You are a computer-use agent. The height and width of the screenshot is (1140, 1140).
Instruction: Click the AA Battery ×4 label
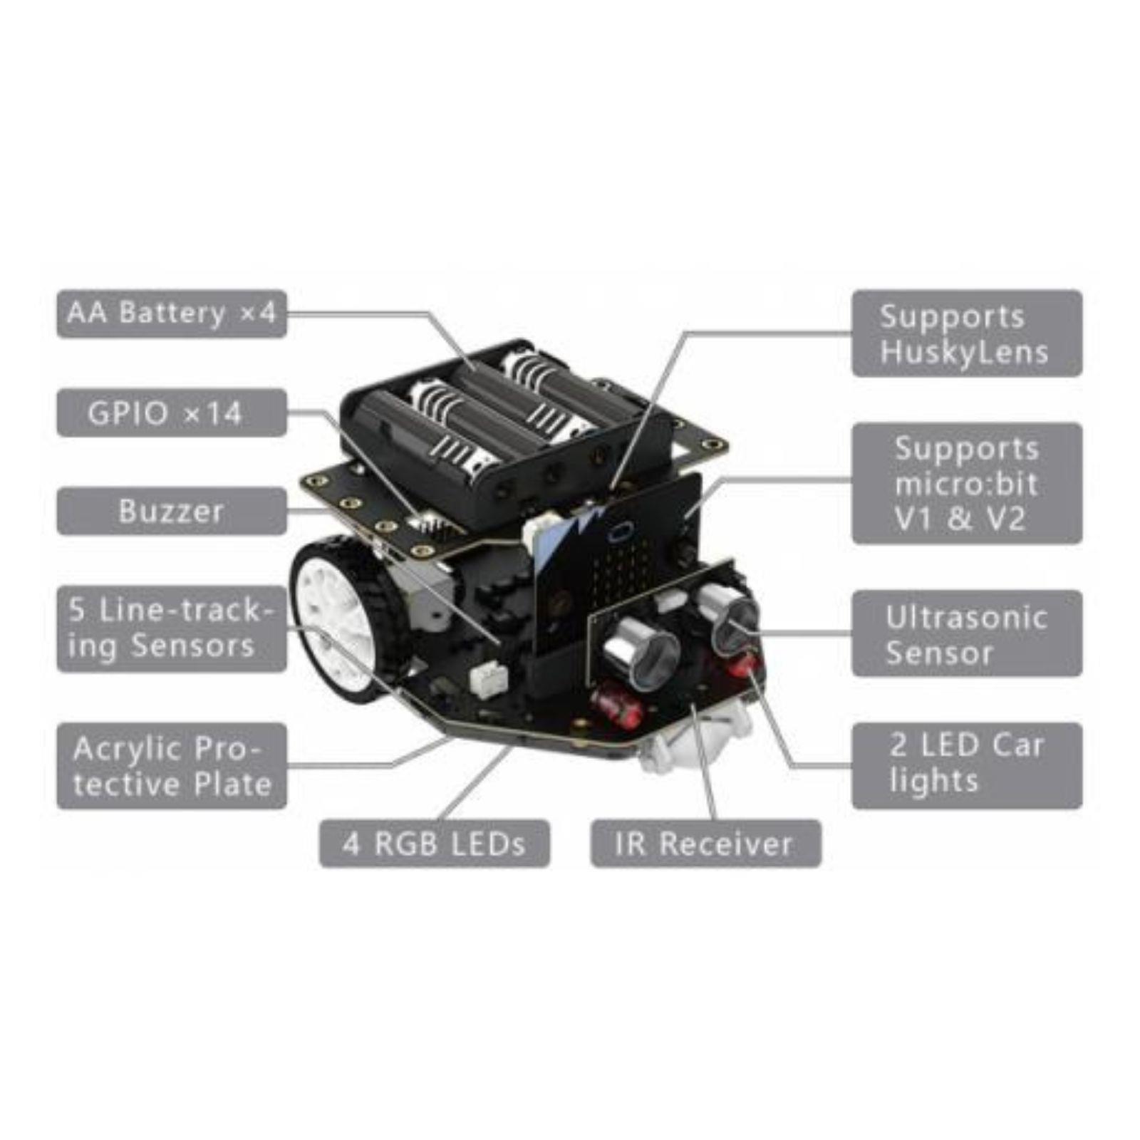[x=171, y=313]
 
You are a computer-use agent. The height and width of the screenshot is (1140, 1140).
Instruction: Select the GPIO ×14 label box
[x=171, y=413]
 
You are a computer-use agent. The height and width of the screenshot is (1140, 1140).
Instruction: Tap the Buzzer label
[x=171, y=511]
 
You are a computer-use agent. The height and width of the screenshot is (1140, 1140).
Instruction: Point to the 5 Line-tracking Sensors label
[x=171, y=628]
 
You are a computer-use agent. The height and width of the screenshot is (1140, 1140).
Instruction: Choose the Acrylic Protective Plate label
[x=171, y=766]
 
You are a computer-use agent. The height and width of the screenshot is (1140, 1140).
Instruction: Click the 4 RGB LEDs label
[x=434, y=844]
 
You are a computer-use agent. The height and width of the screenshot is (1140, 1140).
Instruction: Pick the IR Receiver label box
[x=705, y=844]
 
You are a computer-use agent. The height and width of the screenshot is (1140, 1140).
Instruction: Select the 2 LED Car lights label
[x=966, y=765]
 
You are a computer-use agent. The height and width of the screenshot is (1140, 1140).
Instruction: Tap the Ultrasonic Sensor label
[x=966, y=633]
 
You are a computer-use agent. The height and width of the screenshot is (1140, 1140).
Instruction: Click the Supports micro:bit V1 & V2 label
[x=966, y=484]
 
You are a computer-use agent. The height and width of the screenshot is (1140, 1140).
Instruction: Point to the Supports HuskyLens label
[x=966, y=333]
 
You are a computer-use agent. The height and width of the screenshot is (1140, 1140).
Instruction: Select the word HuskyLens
[x=964, y=353]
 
